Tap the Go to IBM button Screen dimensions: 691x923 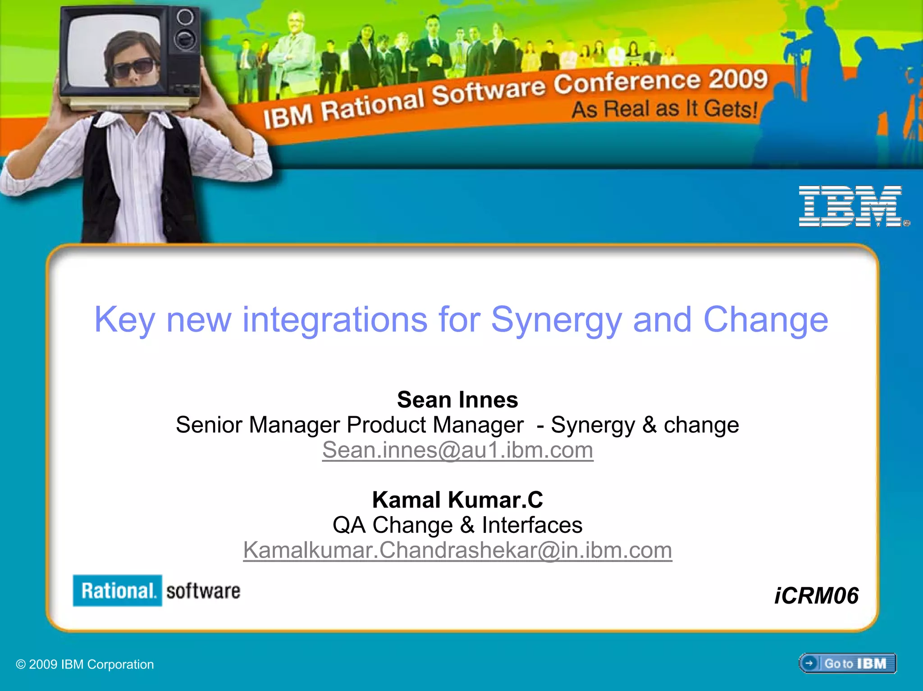pyautogui.click(x=848, y=664)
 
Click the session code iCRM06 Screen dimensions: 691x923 pyautogui.click(x=816, y=596)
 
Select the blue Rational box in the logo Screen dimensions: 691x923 pyautogui.click(x=117, y=591)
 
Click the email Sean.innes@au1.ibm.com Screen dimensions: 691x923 pyautogui.click(x=457, y=450)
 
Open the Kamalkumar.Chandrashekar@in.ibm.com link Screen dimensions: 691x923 pyautogui.click(x=457, y=550)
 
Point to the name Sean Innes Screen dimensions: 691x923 pyautogui.click(x=457, y=400)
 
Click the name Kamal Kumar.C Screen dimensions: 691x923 pyautogui.click(x=457, y=500)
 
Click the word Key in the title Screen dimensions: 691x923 pyautogui.click(x=124, y=320)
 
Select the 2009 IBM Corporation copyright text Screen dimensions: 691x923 pyautogui.click(x=85, y=664)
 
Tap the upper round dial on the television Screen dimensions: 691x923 pyautogui.click(x=185, y=18)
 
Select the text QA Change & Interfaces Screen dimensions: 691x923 pyautogui.click(x=457, y=525)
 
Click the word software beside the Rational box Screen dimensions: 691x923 pyautogui.click(x=203, y=591)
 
